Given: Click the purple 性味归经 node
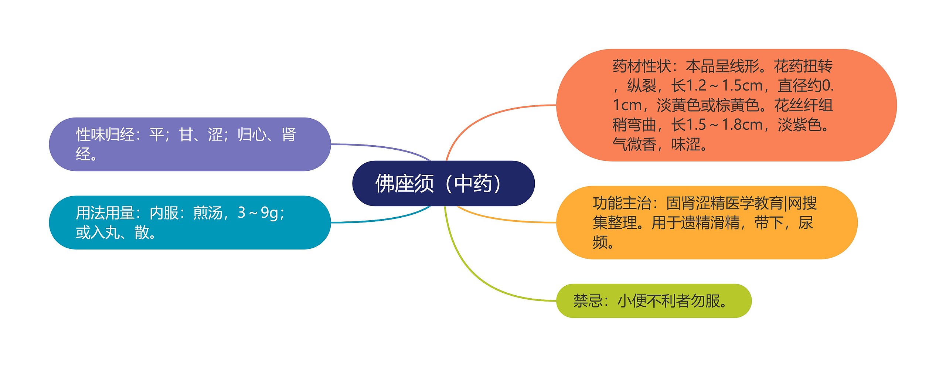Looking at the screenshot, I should pos(190,144).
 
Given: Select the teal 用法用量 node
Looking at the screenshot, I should pos(190,222).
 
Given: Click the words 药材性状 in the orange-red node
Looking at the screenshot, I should pos(642,67).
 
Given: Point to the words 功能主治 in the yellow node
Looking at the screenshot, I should pos(622,203).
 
